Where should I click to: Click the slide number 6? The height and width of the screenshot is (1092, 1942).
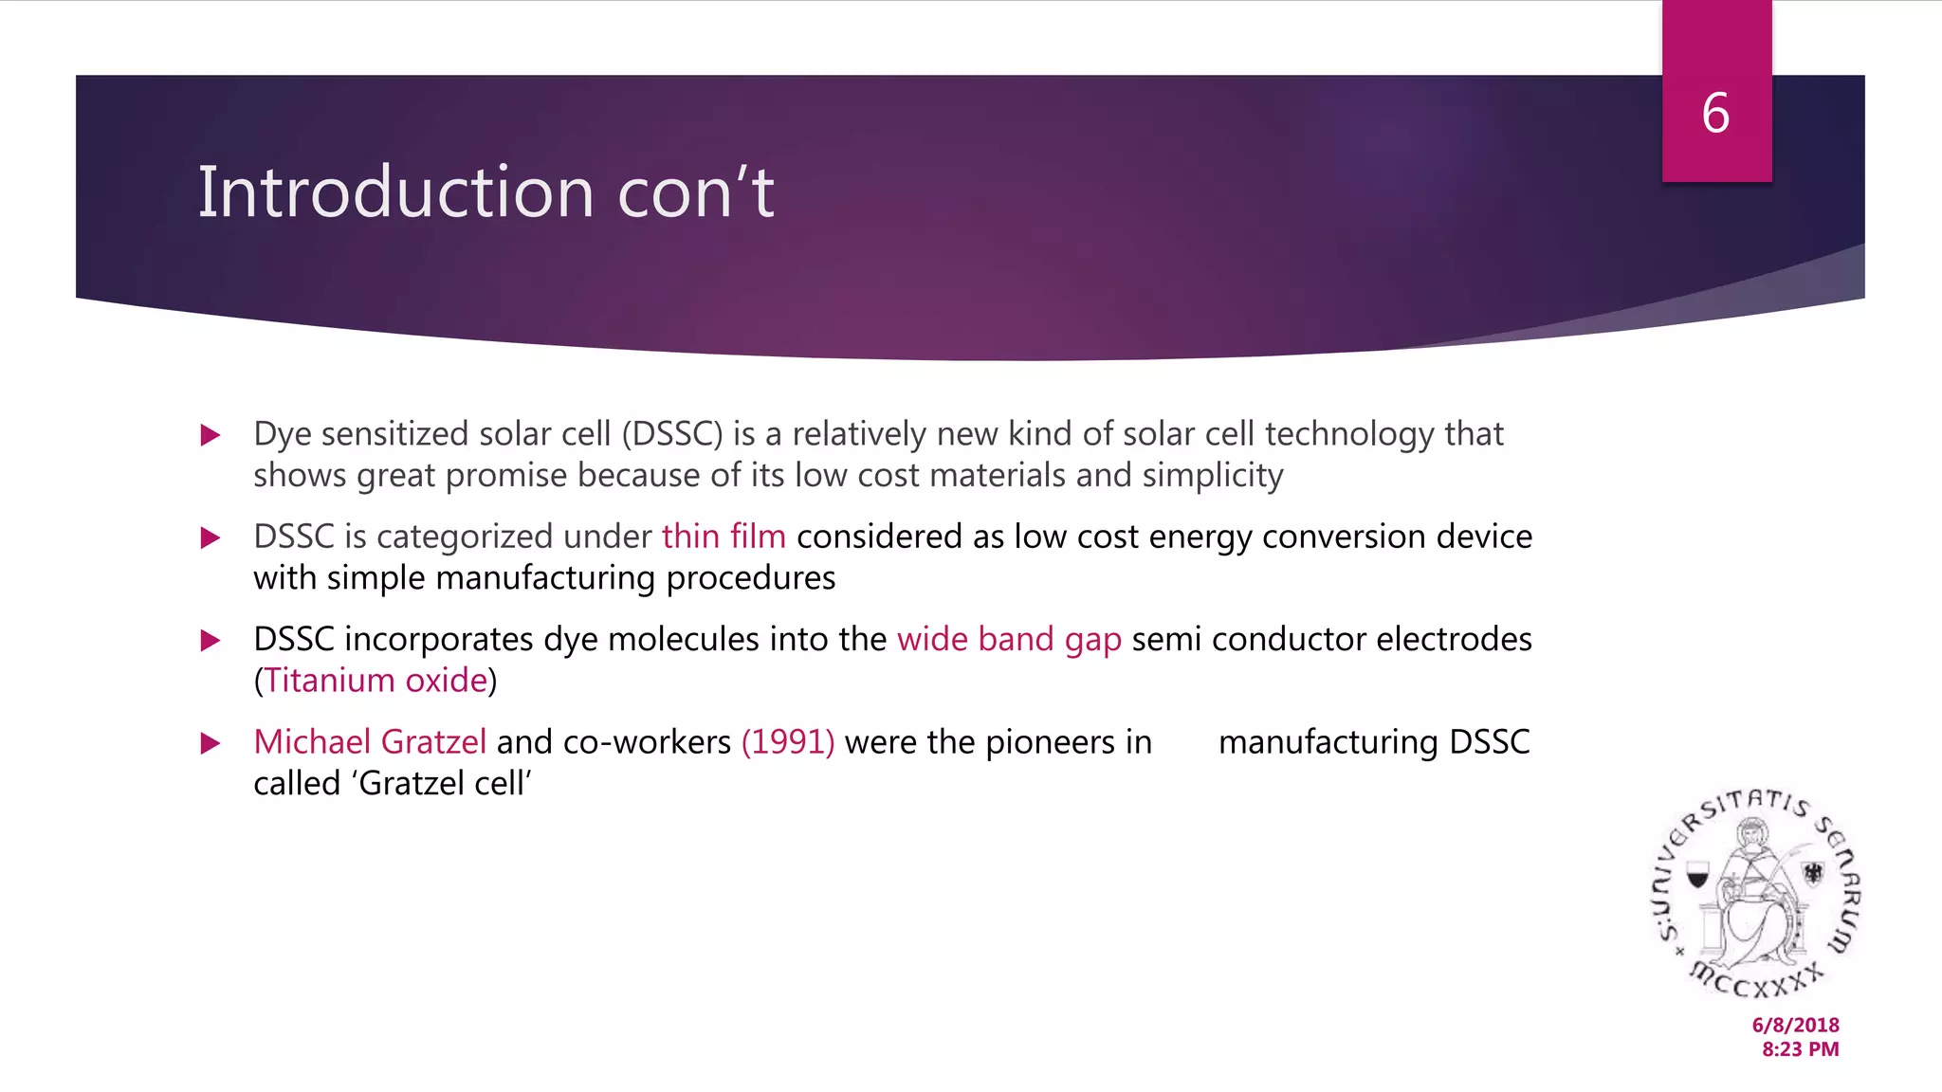pos(1715,114)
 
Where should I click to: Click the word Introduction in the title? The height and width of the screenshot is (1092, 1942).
pos(395,192)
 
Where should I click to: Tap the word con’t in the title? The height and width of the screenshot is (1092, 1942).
pos(696,192)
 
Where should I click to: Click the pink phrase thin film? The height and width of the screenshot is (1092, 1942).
pos(724,537)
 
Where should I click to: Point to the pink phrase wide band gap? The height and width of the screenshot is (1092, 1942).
pos(1009,639)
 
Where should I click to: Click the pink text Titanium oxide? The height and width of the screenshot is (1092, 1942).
pos(376,681)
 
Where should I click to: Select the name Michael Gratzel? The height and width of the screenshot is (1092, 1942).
pos(370,741)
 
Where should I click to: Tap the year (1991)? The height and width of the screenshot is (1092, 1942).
pos(788,741)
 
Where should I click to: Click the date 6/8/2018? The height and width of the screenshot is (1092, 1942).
pos(1795,1025)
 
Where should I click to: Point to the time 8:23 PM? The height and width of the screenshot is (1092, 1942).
pos(1800,1049)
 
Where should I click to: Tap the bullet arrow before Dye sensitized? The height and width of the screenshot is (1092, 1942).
pos(211,435)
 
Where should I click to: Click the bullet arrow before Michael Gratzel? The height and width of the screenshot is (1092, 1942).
pos(211,742)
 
